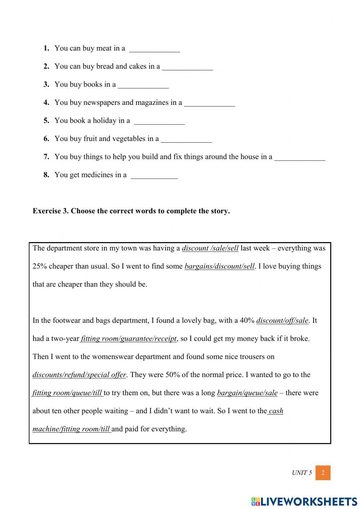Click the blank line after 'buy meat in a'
click(x=154, y=49)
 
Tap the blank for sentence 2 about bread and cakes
click(x=187, y=67)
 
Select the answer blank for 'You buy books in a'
click(x=143, y=85)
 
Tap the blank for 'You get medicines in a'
click(x=154, y=175)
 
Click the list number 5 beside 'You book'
click(x=46, y=121)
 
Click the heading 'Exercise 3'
click(x=131, y=211)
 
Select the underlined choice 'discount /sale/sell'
click(x=210, y=248)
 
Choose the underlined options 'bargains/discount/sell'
click(x=219, y=267)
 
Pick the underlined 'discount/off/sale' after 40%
click(x=282, y=321)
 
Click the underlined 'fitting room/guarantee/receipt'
click(x=129, y=339)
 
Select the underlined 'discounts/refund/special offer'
click(x=79, y=375)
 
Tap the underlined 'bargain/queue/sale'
click(x=247, y=393)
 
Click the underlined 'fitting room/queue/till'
click(x=67, y=393)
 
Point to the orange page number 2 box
click(x=323, y=473)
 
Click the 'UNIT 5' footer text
click(x=302, y=473)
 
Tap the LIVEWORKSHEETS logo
click(x=304, y=501)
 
